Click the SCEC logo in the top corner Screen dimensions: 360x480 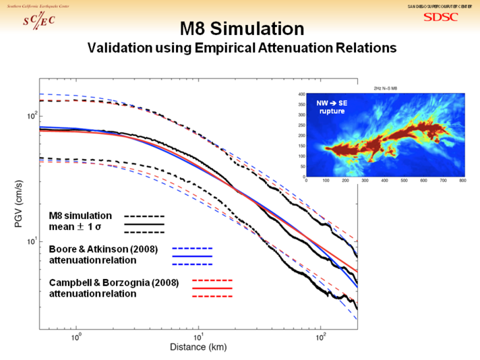point(38,20)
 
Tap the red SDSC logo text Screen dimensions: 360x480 point(440,17)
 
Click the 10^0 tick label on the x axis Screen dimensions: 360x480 point(76,336)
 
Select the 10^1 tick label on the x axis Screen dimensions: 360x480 point(198,336)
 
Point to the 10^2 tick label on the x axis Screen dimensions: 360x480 point(321,336)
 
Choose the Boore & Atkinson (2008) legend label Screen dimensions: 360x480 point(103,249)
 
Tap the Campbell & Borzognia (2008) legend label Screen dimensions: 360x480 point(114,282)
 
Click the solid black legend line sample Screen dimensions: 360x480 point(144,222)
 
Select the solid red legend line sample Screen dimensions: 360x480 point(212,289)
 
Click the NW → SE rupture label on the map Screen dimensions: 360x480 point(331,107)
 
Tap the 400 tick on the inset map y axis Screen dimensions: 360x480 point(302,94)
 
